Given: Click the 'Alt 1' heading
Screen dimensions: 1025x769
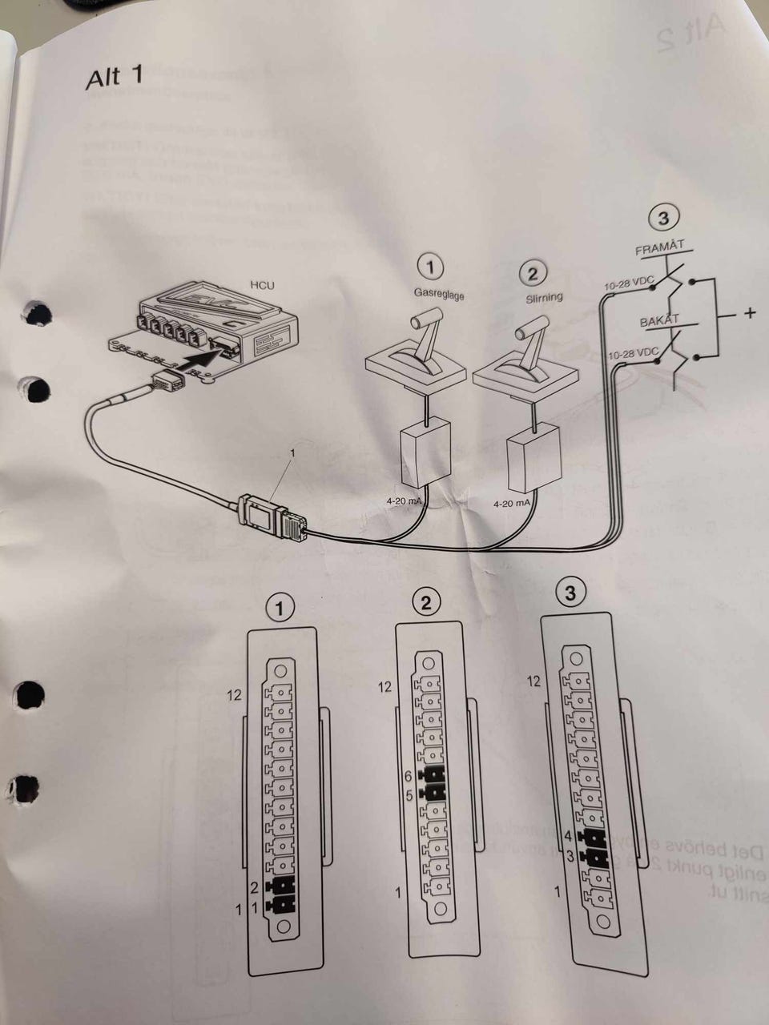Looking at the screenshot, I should [x=115, y=77].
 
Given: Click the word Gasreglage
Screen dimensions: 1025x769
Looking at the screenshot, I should [x=439, y=294].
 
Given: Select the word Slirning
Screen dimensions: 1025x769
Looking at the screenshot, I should [x=544, y=297].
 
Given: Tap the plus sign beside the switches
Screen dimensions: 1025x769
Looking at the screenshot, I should [x=749, y=313].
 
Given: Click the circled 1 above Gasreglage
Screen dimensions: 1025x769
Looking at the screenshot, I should [x=431, y=267].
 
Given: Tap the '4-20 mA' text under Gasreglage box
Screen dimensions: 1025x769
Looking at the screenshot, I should [x=405, y=501].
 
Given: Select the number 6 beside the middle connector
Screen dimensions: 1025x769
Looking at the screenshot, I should [x=408, y=776].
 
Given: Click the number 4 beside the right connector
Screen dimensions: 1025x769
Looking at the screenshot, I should [x=567, y=836].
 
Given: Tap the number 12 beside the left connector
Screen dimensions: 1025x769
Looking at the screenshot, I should [x=233, y=695].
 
